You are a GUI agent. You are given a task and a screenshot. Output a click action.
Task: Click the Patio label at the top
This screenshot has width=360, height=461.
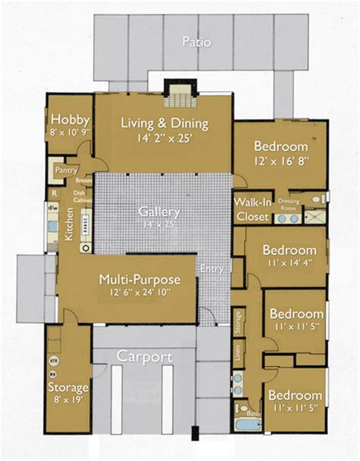pyautogui.click(x=196, y=43)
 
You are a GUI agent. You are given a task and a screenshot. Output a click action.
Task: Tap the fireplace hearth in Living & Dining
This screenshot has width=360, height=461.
pyautogui.click(x=179, y=97)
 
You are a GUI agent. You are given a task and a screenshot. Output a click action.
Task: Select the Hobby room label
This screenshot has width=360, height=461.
pyautogui.click(x=70, y=120)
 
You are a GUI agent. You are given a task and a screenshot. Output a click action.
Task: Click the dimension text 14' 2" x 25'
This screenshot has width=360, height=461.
pyautogui.click(x=165, y=139)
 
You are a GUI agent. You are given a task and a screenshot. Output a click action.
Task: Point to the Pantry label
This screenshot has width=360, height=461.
pyautogui.click(x=65, y=171)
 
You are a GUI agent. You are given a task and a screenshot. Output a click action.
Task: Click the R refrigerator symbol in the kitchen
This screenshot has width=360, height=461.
pyautogui.click(x=54, y=194)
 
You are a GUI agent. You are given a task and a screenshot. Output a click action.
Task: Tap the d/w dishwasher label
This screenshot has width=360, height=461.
pyautogui.click(x=53, y=207)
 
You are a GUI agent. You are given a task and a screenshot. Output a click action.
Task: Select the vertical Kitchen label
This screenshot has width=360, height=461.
pyautogui.click(x=69, y=226)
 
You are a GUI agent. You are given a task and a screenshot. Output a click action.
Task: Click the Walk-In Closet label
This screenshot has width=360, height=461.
pyautogui.click(x=251, y=210)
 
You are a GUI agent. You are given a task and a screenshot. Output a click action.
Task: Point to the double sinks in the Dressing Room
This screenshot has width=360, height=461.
pyautogui.click(x=286, y=218)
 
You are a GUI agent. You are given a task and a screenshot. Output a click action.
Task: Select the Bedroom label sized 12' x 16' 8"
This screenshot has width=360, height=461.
pyautogui.click(x=280, y=147)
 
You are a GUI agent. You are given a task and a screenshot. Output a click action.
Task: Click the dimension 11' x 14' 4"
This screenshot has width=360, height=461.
pyautogui.click(x=289, y=264)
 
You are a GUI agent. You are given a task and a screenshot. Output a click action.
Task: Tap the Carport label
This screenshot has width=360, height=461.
pyautogui.click(x=144, y=357)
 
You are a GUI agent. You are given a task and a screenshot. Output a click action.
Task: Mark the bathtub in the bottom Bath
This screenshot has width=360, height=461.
pyautogui.click(x=247, y=426)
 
